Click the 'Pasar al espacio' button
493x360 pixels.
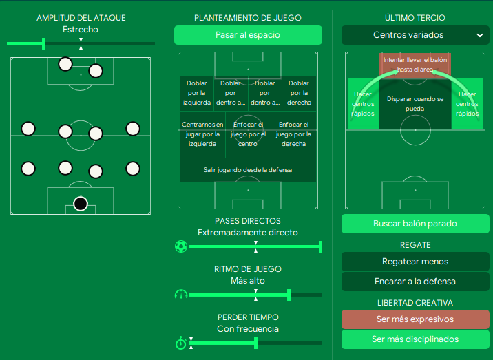(x=248, y=35)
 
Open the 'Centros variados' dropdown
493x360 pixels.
(x=415, y=35)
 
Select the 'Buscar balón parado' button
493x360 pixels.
(x=415, y=224)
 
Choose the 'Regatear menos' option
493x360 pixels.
(x=415, y=262)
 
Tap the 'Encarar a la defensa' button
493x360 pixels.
(x=415, y=282)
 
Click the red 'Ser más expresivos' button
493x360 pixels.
(x=415, y=319)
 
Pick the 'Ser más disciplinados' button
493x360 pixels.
(x=415, y=339)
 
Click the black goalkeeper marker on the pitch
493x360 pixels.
(x=81, y=204)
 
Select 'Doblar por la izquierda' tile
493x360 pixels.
(x=196, y=93)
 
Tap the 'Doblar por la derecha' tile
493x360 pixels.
(x=300, y=93)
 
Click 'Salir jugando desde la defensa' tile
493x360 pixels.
(x=248, y=169)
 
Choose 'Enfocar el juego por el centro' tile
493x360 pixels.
(x=248, y=134)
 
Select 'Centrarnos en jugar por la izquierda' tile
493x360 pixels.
(x=202, y=134)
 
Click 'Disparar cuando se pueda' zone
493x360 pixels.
(x=415, y=104)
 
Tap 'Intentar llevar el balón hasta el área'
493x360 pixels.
(x=415, y=65)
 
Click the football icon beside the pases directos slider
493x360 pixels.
(x=181, y=246)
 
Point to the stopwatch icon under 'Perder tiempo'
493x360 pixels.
(x=181, y=343)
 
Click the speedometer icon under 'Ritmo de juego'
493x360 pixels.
(x=181, y=295)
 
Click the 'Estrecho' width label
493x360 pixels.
(x=81, y=30)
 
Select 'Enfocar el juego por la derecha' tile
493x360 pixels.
(x=294, y=134)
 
